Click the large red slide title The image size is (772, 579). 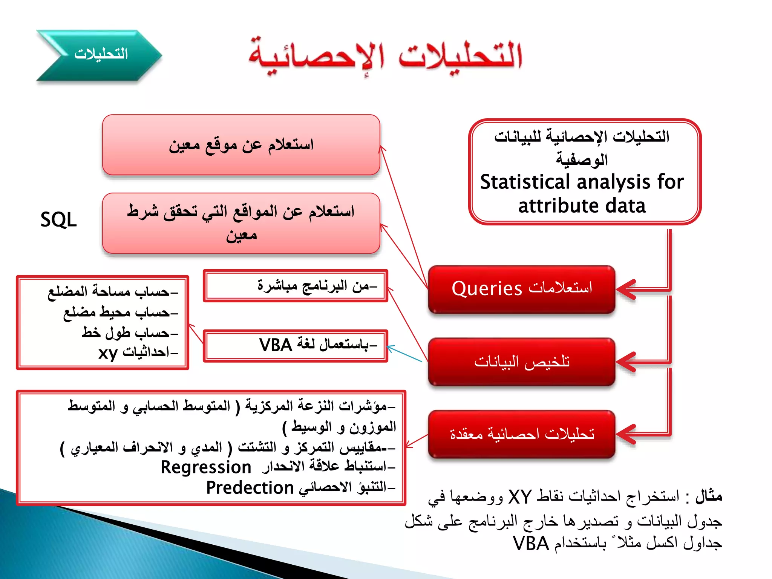(x=384, y=56)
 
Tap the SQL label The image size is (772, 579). (x=58, y=219)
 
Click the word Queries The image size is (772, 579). (x=487, y=289)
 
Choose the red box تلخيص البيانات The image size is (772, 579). (x=522, y=361)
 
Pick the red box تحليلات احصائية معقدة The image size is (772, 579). (x=522, y=434)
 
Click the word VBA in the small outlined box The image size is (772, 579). (x=276, y=345)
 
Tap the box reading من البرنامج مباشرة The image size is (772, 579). (x=296, y=286)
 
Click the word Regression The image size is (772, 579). (x=206, y=467)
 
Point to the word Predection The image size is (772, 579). (x=250, y=488)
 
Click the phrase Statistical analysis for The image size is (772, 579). (x=582, y=182)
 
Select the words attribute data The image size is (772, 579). (x=582, y=206)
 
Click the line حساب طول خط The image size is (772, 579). (x=128, y=332)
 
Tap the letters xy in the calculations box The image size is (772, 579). (x=108, y=353)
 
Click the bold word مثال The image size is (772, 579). (x=708, y=496)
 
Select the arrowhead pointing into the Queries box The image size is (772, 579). (x=626, y=289)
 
